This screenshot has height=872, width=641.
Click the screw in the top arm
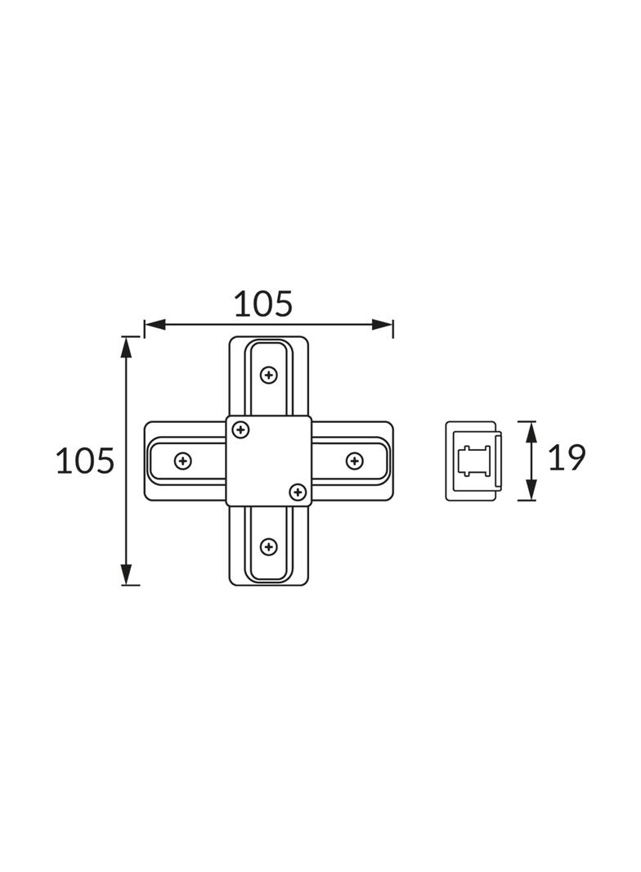tap(269, 375)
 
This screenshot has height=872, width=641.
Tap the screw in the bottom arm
tap(269, 546)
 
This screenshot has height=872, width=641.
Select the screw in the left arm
tap(183, 461)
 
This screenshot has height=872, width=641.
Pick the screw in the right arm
tap(354, 461)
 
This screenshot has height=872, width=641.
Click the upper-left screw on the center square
tap(240, 430)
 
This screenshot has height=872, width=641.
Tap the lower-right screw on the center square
tap(298, 492)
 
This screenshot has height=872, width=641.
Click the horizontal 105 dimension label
tap(263, 304)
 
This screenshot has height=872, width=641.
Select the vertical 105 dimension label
tap(85, 461)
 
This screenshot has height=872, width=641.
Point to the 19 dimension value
tap(567, 458)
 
